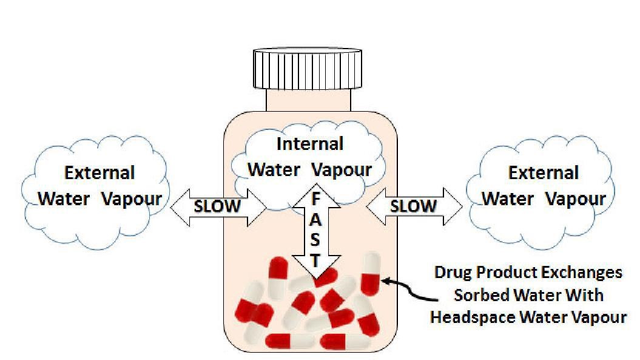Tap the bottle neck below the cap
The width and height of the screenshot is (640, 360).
pyautogui.click(x=308, y=100)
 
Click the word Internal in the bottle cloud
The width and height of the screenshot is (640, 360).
pyautogui.click(x=309, y=144)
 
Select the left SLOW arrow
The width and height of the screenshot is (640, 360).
pyautogui.click(x=217, y=206)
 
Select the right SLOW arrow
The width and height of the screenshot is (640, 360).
pyautogui.click(x=414, y=206)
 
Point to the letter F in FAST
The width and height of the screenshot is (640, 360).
pyautogui.click(x=315, y=200)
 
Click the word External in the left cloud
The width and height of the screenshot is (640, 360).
pyautogui.click(x=99, y=173)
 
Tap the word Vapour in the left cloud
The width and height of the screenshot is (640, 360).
pyautogui.click(x=132, y=199)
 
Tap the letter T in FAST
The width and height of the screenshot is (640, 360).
pyautogui.click(x=315, y=261)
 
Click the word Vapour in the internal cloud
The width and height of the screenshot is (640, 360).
pyautogui.click(x=343, y=169)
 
